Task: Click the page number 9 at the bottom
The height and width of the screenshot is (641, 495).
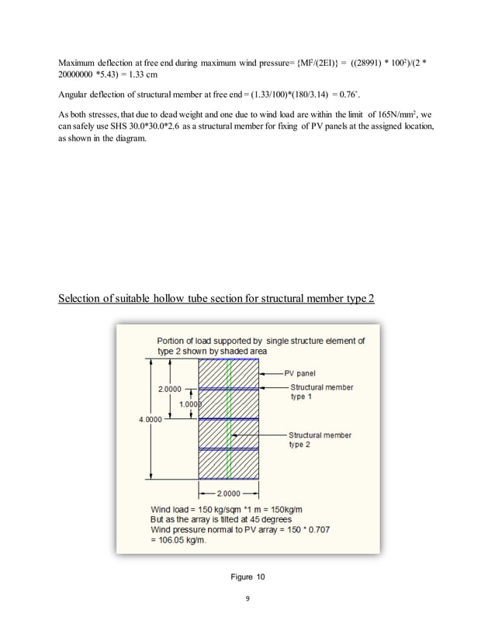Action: coord(247,600)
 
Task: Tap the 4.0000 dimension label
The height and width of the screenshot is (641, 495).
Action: coord(151,421)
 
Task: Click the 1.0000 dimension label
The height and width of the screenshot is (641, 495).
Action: coord(191,404)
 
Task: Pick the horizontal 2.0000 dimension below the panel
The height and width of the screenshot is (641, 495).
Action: coord(230,492)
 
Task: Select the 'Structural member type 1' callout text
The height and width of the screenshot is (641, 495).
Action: coord(321,392)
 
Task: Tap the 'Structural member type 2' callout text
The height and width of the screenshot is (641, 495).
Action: coord(320,440)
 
